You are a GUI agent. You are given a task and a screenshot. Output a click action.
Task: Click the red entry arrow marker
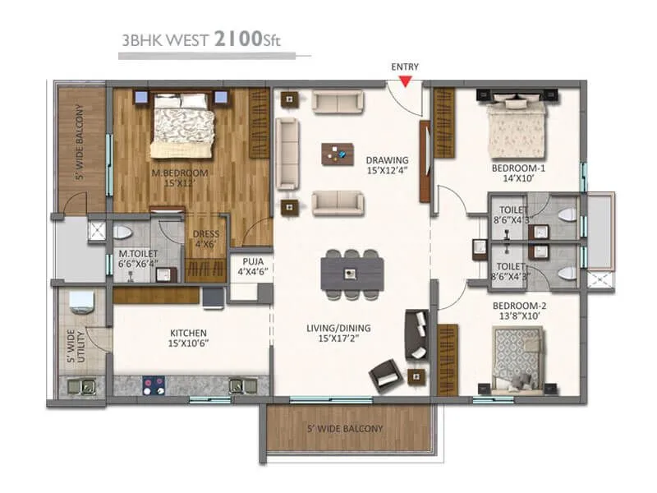click(405, 80)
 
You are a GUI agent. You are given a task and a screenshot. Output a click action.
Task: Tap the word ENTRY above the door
click(405, 66)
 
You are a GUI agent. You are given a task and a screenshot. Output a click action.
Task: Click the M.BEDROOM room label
click(179, 173)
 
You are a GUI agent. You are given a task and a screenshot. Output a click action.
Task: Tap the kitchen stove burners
click(154, 383)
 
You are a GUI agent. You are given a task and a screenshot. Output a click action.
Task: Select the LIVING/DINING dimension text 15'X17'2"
click(339, 337)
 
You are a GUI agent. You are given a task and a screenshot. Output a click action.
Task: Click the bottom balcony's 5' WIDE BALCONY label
click(345, 429)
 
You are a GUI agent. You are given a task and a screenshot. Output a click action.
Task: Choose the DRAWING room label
click(387, 160)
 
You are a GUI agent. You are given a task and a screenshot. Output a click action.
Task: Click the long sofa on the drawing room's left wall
click(287, 150)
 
